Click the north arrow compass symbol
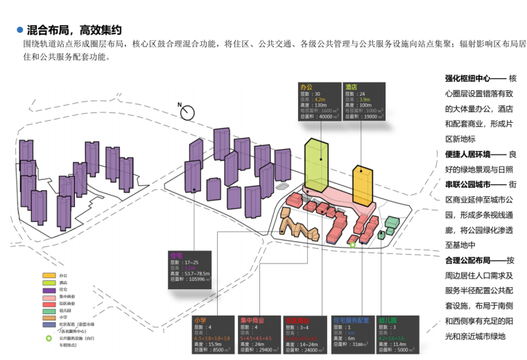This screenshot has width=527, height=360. point(183,111)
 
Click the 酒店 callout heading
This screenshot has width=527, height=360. point(352,88)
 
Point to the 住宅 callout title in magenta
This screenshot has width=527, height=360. point(176,255)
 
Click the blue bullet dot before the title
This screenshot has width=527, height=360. point(18,31)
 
